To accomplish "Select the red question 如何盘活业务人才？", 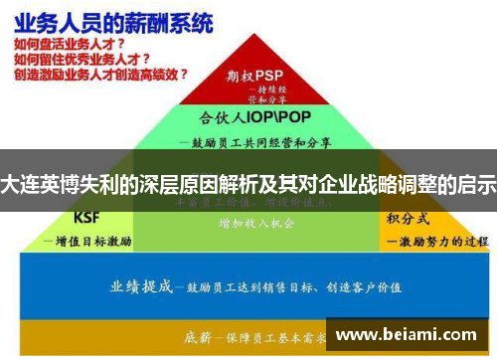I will click(69, 45).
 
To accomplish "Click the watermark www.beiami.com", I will click(409, 335).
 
